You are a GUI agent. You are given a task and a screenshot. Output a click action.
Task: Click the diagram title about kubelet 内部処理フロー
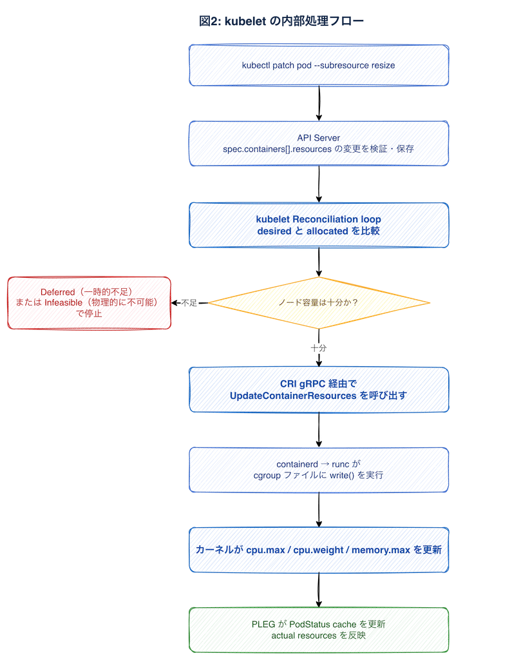point(281,21)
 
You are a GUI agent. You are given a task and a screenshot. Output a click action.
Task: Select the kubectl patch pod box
point(319,65)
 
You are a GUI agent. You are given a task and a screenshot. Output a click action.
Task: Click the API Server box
point(319,143)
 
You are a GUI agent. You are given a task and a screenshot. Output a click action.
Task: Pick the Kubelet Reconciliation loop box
point(319,225)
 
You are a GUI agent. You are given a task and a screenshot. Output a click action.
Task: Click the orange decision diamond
point(319,302)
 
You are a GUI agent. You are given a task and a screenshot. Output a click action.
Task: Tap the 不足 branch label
point(189,303)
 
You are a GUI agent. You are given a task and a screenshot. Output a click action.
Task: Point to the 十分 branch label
point(319,348)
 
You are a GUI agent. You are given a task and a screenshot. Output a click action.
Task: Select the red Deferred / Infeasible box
point(90,303)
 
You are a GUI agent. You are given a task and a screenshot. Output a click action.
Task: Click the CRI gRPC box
point(319,389)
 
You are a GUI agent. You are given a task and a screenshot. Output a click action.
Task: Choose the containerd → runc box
point(319,470)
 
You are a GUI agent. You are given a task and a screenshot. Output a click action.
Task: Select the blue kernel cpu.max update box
point(319,550)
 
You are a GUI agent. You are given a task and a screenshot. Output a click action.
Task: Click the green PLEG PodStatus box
point(319,628)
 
